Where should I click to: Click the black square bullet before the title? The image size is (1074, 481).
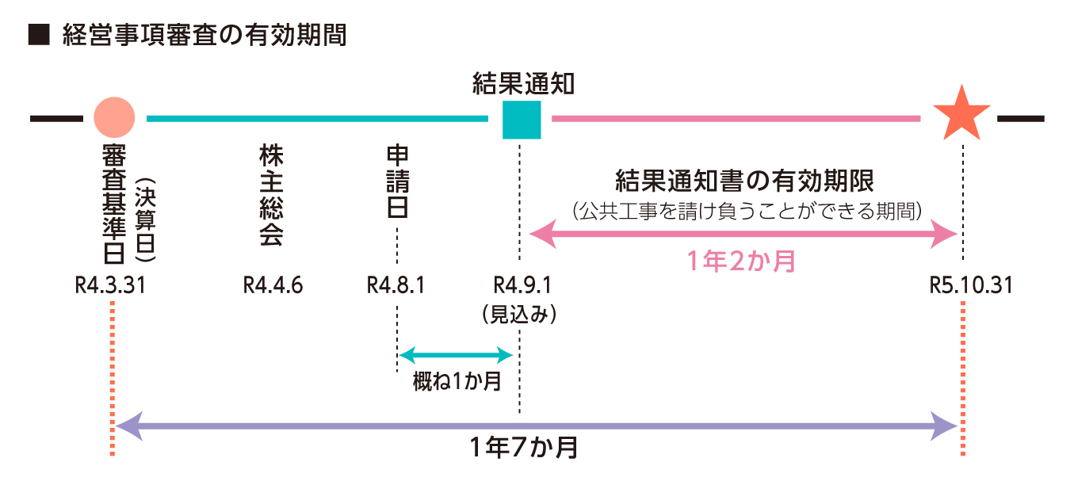[x=39, y=35]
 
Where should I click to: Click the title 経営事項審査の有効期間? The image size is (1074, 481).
[x=204, y=35]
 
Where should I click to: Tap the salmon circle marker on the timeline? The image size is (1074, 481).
[x=114, y=117]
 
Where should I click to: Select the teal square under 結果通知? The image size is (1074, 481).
[x=522, y=120]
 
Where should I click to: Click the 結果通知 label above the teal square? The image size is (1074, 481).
[x=523, y=84]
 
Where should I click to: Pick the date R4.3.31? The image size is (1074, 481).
[x=110, y=285]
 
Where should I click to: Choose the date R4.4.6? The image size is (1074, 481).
[x=273, y=285]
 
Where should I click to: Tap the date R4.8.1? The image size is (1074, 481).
[x=396, y=285]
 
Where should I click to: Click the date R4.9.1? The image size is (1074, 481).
[x=522, y=285]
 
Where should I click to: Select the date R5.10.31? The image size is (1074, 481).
[x=971, y=285]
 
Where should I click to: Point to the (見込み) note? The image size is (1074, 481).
[x=519, y=315]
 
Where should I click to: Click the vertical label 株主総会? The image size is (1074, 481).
[x=271, y=195]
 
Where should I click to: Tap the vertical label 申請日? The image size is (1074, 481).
[x=397, y=182]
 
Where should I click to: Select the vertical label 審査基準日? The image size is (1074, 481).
[x=114, y=204]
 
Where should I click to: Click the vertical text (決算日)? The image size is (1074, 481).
[x=145, y=220]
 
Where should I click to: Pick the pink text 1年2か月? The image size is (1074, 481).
[x=742, y=261]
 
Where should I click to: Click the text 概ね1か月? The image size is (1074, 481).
[x=457, y=382]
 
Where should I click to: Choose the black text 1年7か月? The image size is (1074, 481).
[x=524, y=448]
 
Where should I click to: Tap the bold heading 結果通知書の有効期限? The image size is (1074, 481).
[x=744, y=181]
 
